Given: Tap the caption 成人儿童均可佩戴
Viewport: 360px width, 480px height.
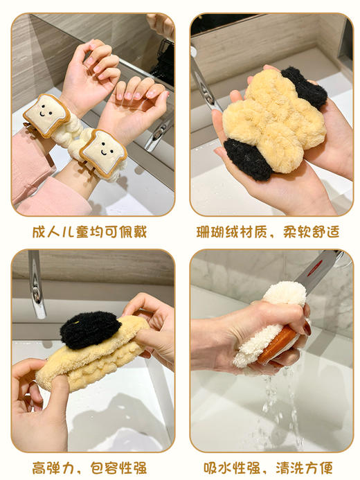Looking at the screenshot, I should (x=89, y=232).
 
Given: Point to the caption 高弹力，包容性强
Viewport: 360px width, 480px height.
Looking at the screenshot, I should (x=89, y=468).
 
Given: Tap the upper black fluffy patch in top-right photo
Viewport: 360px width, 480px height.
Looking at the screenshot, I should (x=304, y=87).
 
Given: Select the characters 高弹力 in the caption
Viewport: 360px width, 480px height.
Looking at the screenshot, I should (x=53, y=468).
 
